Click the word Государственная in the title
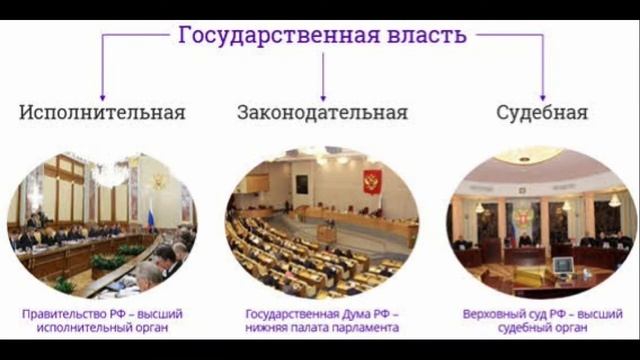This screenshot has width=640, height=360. (279, 36)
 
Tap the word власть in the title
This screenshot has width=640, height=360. (427, 34)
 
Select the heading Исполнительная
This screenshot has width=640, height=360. (102, 112)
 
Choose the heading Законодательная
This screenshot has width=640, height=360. (322, 112)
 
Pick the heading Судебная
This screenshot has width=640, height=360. (542, 112)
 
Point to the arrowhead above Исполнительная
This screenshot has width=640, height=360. (102, 98)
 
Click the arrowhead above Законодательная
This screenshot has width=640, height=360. (323, 98)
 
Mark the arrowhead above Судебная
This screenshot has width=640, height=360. (543, 98)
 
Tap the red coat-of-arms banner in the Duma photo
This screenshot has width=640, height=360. (372, 182)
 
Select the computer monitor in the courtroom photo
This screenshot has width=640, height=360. (563, 265)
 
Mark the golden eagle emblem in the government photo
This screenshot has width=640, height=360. (159, 181)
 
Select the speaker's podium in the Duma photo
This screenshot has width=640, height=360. (327, 234)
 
